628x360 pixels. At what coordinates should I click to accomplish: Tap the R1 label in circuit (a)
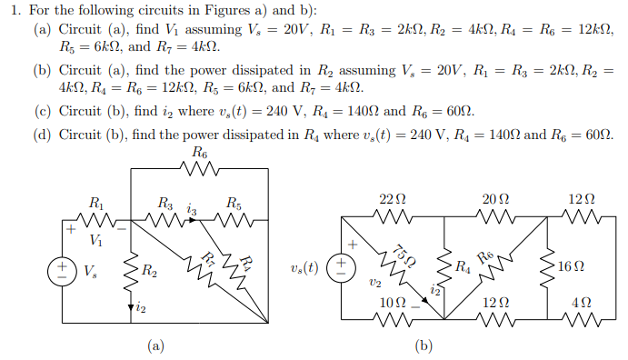click(x=95, y=202)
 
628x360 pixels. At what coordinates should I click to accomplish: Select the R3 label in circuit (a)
click(x=167, y=202)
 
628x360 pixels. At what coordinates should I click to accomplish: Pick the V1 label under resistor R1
click(x=95, y=240)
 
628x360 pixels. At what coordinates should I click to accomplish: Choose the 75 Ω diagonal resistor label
click(x=404, y=255)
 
